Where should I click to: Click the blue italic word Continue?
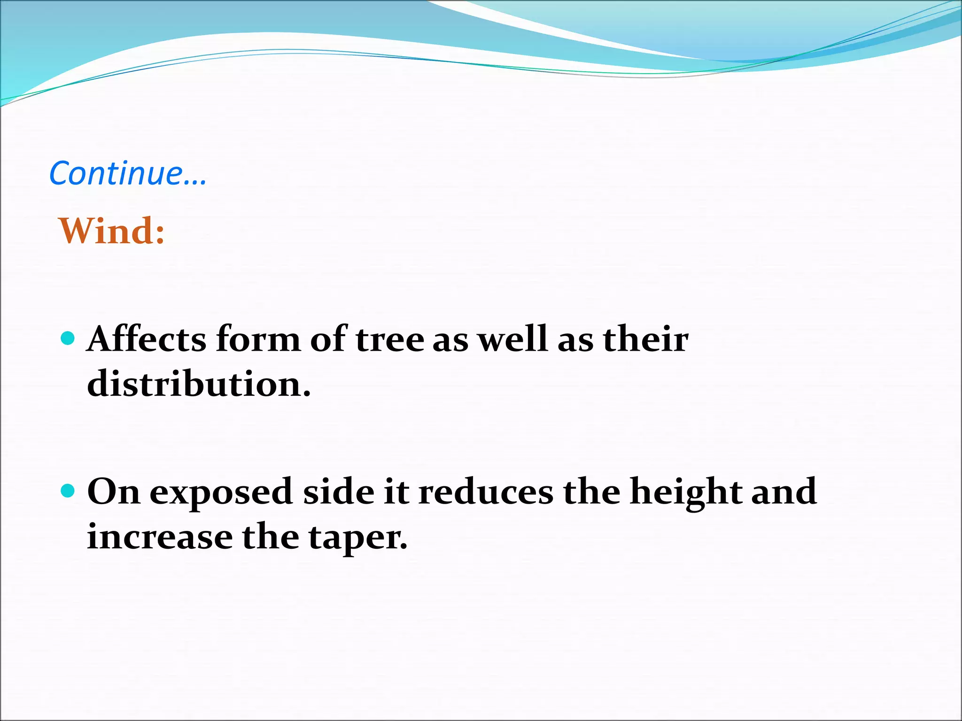tap(127, 173)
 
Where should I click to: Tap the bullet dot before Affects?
tap(68, 338)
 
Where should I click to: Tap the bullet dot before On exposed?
tap(68, 491)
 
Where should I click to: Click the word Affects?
tap(147, 339)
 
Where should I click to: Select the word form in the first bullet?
tap(258, 339)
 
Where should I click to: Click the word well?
tap(512, 339)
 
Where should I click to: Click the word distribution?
tap(199, 384)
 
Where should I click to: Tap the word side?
tap(339, 492)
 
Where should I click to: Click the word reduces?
tap(486, 492)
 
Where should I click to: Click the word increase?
tap(160, 537)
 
